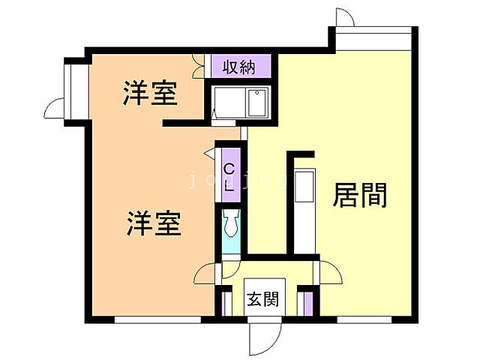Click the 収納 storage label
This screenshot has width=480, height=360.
point(239,67)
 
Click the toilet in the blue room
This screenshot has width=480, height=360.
point(230,223)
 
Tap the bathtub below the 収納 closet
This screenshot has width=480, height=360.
point(240,102)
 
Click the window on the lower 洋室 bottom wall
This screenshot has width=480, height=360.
point(157,319)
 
